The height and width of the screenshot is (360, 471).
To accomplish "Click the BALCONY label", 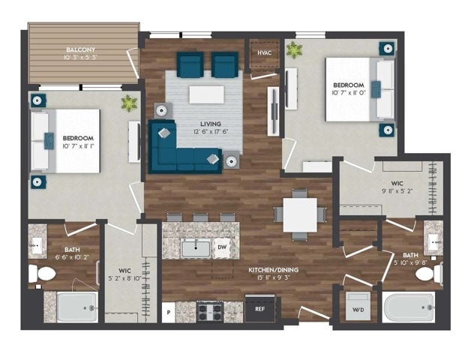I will (x=82, y=51).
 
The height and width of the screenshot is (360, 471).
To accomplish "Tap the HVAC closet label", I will (x=263, y=52).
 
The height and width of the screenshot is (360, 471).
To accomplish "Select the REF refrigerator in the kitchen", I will (x=260, y=308).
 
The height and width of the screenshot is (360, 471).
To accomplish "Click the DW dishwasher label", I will (x=223, y=246).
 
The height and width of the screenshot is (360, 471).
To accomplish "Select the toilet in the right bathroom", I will (x=427, y=274).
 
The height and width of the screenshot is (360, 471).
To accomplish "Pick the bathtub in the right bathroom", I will (x=408, y=307).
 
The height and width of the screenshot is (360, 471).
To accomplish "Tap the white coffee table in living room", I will (x=206, y=94).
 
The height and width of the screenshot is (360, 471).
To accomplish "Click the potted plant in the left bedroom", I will (x=130, y=103).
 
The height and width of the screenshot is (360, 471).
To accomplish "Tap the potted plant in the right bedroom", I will (x=294, y=51).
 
